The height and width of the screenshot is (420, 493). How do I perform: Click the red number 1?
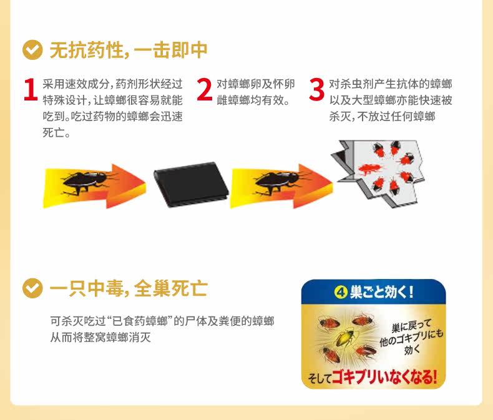[x=31, y=90]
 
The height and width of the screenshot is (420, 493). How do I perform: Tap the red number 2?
[x=205, y=90]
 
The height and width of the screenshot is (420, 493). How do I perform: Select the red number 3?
[x=316, y=90]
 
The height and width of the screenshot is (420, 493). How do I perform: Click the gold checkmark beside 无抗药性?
[x=32, y=50]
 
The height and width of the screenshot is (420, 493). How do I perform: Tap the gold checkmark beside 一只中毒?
[x=32, y=288]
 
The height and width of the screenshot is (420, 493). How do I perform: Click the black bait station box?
[x=192, y=184]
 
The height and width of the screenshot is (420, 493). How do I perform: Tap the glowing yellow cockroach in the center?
[x=345, y=338]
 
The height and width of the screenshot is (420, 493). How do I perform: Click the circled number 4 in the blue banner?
[x=341, y=293]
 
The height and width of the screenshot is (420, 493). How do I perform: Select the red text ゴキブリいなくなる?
[x=384, y=376]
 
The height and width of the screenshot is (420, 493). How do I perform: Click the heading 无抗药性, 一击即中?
[x=129, y=50]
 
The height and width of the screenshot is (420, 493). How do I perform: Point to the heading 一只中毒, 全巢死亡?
[x=129, y=288]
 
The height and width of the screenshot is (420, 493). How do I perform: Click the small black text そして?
[x=320, y=378]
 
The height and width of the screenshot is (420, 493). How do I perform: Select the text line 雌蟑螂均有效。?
[x=253, y=100]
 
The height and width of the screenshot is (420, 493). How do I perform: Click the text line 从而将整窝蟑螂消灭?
[x=100, y=338]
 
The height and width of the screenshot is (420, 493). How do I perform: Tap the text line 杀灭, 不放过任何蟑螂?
[x=382, y=117]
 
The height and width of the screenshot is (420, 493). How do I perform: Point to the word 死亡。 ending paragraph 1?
[x=57, y=133]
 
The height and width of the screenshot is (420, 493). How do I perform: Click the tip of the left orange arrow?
[x=145, y=183]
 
